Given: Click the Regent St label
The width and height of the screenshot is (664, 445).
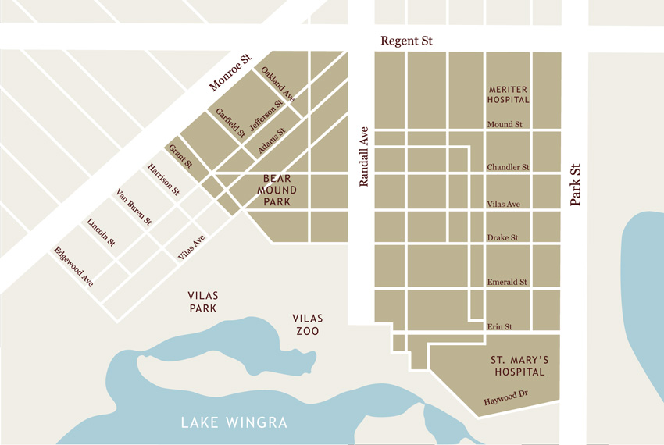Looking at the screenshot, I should click(x=406, y=41).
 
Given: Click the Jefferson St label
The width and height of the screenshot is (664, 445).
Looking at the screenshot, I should click(x=266, y=116).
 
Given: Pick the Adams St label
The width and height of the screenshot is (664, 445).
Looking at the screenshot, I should click(x=271, y=140).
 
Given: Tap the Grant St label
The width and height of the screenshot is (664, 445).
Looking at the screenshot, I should click(x=180, y=156).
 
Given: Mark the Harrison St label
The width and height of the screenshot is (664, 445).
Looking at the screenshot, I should click(x=163, y=180).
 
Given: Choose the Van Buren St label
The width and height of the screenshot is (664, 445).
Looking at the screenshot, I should click(x=134, y=208).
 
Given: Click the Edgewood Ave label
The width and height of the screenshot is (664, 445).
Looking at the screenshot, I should click(x=73, y=266).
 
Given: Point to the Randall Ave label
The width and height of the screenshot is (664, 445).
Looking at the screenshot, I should click(x=363, y=157).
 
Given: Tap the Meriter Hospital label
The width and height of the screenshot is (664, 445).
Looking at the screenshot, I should click(x=508, y=94).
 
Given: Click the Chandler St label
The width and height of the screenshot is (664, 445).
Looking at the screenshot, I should click(x=508, y=167).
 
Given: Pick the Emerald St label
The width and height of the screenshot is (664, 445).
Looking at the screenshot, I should click(x=507, y=282).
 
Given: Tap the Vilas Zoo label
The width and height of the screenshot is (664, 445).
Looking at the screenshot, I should click(x=307, y=325).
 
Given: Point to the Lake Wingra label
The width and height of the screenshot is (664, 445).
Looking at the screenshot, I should click(x=234, y=423).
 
